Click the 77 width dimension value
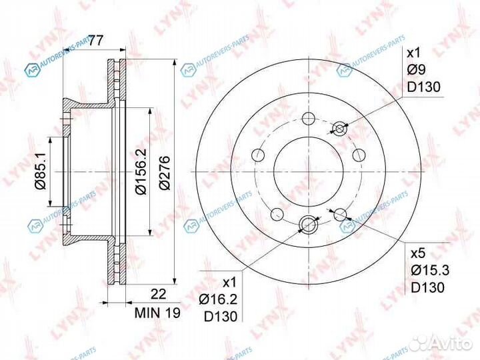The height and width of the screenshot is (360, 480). click(96, 41)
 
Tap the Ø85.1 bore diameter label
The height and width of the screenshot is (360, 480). click(41, 171)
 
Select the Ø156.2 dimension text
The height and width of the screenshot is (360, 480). click(141, 172)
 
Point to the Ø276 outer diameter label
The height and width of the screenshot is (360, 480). click(165, 173)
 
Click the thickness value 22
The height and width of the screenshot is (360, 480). click(159, 294)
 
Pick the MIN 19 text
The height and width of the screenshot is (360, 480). click(157, 313)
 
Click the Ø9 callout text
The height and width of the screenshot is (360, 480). click(416, 70)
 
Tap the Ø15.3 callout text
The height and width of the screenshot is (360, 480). click(430, 270)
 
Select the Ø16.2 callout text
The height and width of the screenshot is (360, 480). click(218, 299)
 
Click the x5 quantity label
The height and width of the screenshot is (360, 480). click(418, 253)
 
